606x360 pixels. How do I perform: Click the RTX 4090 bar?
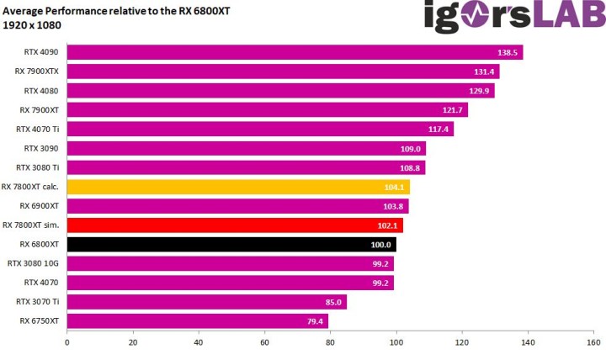pos(295,52)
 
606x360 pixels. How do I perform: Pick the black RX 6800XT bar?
pos(231,245)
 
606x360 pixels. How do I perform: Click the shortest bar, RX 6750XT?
pos(197,321)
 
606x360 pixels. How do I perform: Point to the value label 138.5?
pos(508,53)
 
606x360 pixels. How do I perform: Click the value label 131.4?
pos(485,72)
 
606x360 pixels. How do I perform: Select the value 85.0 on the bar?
pos(332,303)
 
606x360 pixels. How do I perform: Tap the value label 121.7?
pos(453,110)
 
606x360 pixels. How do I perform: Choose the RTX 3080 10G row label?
pos(34,263)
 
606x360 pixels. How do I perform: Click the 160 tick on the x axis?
pos(593,342)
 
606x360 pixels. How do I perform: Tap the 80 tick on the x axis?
pos(330,342)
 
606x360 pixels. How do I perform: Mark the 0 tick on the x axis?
pos(66,342)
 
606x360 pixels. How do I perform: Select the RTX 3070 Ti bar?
pos(206,302)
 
